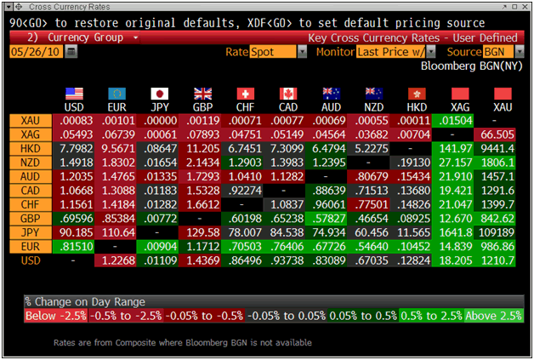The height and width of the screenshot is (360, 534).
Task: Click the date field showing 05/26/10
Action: [34, 52]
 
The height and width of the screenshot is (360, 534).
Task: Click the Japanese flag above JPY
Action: [159, 94]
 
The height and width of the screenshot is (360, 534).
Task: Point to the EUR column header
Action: [116, 106]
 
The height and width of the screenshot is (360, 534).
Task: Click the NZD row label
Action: [31, 162]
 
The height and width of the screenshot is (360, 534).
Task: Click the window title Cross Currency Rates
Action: [60, 8]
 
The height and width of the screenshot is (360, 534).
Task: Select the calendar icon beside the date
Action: [71, 52]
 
